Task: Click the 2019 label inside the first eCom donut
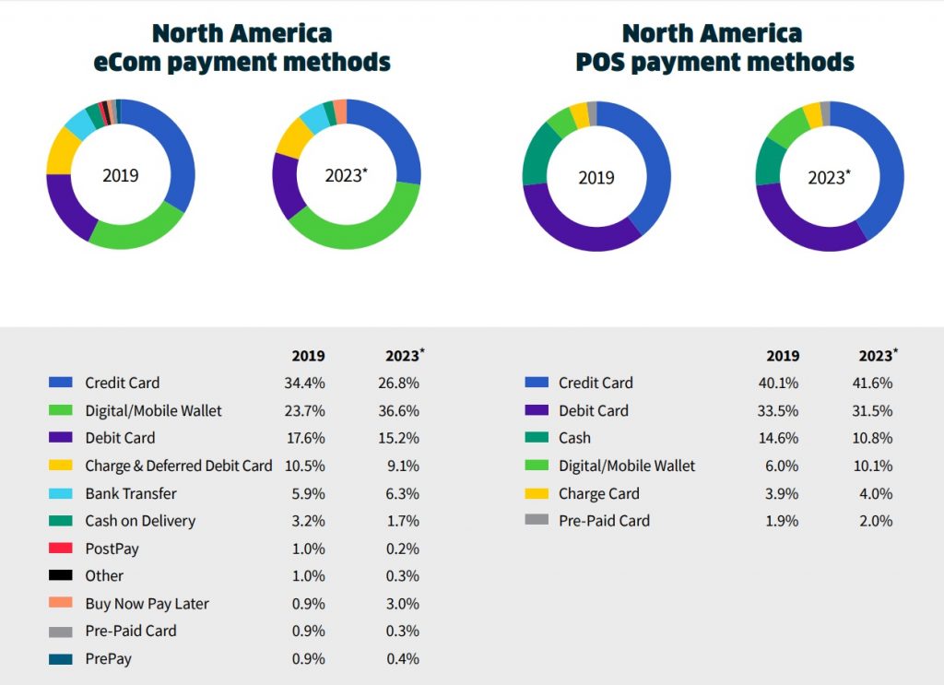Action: coord(120,175)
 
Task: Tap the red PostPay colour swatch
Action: coord(61,549)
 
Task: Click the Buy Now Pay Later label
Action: coord(147,604)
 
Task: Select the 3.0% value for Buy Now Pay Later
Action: coord(403,604)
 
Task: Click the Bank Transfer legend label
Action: coord(131,493)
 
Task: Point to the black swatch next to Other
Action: coord(61,576)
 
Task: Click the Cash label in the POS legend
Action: coord(574,438)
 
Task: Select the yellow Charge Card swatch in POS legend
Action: coord(536,493)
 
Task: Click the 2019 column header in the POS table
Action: coord(783,356)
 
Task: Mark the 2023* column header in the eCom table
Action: coord(404,356)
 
